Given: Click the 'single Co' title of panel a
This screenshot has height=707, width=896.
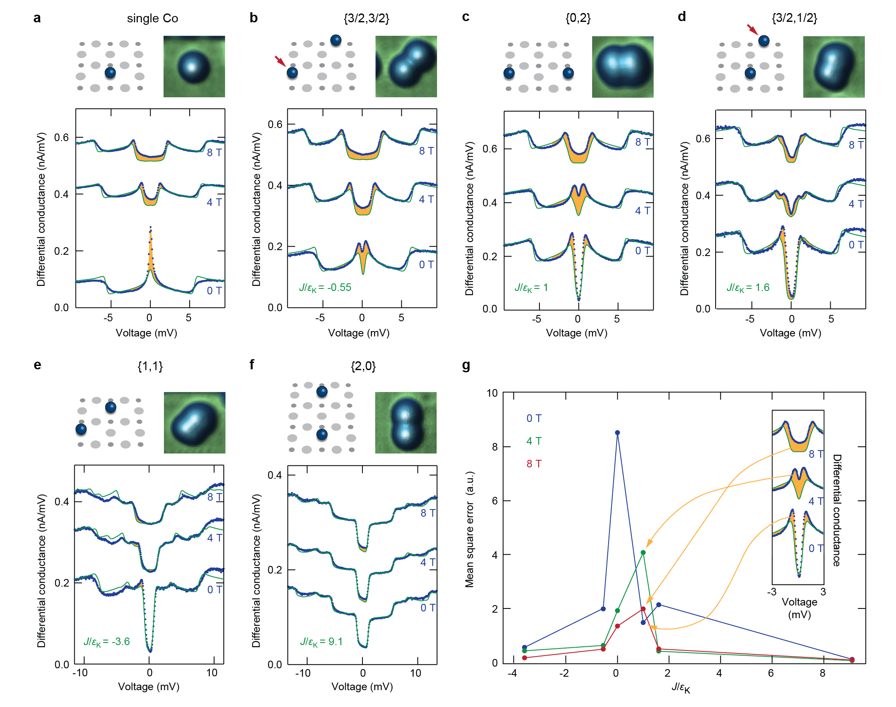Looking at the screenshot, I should (152, 19).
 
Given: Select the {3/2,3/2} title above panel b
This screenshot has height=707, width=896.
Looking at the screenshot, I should (366, 19).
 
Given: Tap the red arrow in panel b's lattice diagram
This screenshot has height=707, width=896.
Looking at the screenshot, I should (280, 61).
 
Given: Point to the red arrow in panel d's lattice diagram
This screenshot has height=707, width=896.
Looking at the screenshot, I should (752, 29).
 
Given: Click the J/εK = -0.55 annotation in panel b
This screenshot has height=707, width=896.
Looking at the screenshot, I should (325, 288).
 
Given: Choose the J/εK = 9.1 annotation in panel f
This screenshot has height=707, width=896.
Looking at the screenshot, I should (321, 642).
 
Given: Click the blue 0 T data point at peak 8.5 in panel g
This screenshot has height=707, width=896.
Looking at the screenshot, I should (617, 433).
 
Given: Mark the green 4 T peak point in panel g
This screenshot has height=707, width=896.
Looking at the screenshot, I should (643, 552).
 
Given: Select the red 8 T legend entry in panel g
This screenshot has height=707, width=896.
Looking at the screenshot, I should (534, 464).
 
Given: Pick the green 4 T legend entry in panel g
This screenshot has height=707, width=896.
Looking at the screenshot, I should (534, 441).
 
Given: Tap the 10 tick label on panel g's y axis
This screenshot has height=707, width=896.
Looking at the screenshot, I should (492, 393).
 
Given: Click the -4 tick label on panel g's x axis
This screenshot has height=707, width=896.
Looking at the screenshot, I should (512, 673).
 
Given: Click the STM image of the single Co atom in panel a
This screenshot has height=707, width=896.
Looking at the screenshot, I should (194, 67).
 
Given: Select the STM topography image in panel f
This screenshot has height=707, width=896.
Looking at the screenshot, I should (406, 423).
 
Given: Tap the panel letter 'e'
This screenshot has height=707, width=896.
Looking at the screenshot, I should (38, 365).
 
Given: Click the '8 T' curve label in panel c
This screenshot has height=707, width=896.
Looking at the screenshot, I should (643, 142).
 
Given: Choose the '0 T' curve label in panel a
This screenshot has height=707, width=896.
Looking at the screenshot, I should (214, 291).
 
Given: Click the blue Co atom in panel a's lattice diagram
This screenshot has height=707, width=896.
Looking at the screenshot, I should (110, 73).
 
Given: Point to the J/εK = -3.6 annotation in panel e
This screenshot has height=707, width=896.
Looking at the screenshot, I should (106, 642).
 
